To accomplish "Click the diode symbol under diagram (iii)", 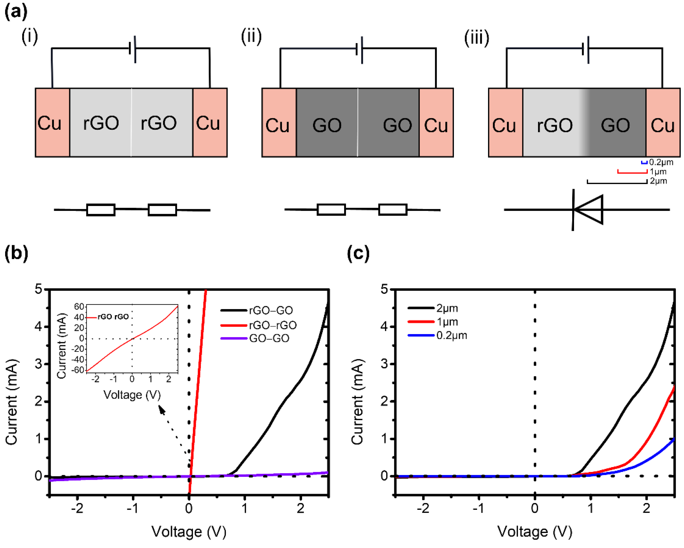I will pos(588,210).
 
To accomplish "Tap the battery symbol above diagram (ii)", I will pos(360,49).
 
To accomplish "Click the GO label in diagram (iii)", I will pos(615,125).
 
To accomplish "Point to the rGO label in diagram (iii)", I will pos(555,125).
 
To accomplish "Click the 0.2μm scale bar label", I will pos(661,162).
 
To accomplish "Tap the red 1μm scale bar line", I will pos(632,172).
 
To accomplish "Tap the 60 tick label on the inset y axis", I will pos(79,306).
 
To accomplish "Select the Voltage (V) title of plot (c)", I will pos(535,531).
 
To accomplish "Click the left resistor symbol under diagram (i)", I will pos(101,210).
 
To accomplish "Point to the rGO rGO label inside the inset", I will pos(113,317).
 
